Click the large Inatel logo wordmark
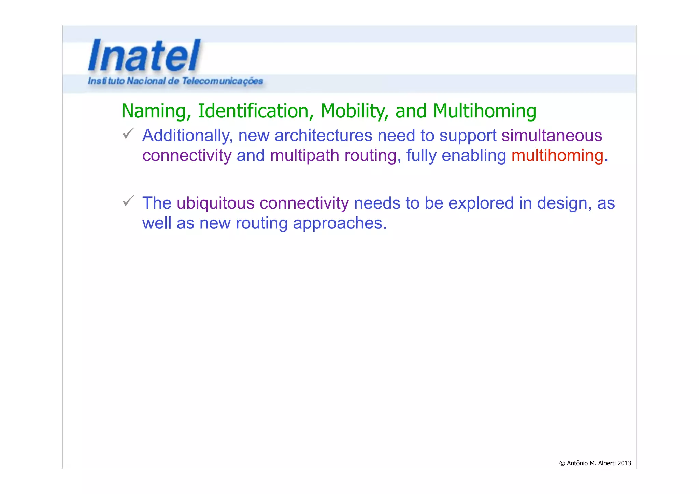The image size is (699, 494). [144, 55]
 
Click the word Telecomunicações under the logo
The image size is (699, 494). [222, 81]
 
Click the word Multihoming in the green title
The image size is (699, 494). [484, 111]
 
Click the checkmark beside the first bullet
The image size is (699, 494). [128, 133]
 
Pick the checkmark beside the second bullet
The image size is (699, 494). [128, 201]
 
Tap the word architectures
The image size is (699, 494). [323, 136]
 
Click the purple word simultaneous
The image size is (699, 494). [552, 136]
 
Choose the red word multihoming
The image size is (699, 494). [557, 156]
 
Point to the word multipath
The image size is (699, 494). [304, 156]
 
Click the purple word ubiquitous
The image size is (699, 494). [215, 203]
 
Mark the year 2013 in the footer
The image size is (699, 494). [624, 463]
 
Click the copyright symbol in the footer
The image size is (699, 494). [562, 463]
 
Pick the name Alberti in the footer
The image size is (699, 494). [607, 463]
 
